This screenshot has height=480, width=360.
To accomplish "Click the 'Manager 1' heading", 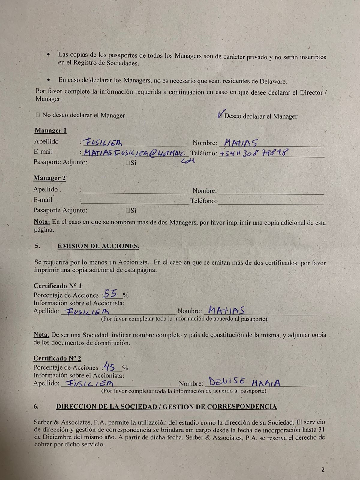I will pyautogui.click(x=50, y=130).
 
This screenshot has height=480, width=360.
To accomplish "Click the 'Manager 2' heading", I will pyautogui.click(x=49, y=178).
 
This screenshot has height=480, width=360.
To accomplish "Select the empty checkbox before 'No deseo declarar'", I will pyautogui.click(x=38, y=115).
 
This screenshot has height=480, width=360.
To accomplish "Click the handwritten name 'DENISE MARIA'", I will pyautogui.click(x=244, y=382).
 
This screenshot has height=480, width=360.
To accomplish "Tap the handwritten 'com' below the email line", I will pyautogui.click(x=188, y=161).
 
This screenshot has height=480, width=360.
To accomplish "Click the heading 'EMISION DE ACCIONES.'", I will pyautogui.click(x=98, y=246).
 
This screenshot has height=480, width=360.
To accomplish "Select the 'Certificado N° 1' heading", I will pyautogui.click(x=58, y=286).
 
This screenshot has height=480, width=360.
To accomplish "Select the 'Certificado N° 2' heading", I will pyautogui.click(x=57, y=358).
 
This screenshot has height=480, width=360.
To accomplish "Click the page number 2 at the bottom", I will pyautogui.click(x=323, y=470).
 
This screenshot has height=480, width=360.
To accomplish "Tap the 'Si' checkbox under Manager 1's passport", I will pyautogui.click(x=128, y=163).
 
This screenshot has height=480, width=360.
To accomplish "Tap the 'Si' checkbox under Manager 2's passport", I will pyautogui.click(x=128, y=211).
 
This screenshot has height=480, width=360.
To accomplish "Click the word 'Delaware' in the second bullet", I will pyautogui.click(x=273, y=81).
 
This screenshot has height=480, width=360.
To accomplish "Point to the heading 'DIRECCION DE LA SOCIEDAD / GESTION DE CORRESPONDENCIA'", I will pyautogui.click(x=166, y=407).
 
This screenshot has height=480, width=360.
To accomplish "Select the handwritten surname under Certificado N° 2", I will pyautogui.click(x=89, y=383).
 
